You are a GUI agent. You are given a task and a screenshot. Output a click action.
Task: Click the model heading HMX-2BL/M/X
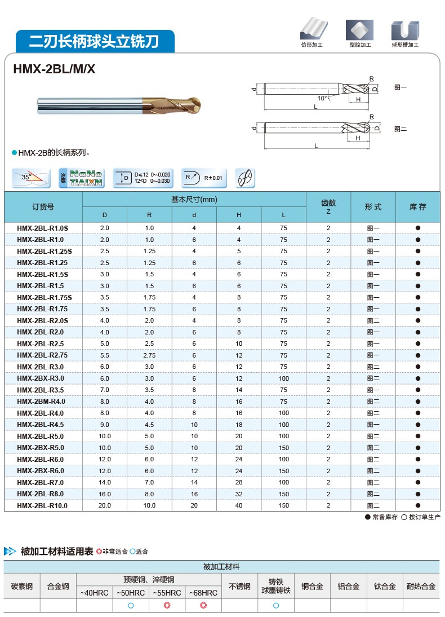[55, 69]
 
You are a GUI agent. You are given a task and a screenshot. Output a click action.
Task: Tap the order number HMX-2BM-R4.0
[41, 402]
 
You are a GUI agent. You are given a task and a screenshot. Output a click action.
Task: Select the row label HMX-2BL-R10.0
[42, 506]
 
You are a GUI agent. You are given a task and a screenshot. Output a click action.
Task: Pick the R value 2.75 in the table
[149, 355]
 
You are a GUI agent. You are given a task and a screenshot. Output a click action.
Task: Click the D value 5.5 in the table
[104, 355]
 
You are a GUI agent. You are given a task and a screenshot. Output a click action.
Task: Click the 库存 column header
[417, 207]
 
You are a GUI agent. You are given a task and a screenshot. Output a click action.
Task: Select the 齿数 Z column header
[328, 207]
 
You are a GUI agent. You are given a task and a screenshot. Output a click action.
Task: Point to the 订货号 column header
[43, 207]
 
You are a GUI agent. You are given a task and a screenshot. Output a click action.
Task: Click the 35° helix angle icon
[31, 178]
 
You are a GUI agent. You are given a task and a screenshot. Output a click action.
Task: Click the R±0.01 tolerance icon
[204, 178]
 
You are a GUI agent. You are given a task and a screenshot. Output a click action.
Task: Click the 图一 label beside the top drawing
[400, 87]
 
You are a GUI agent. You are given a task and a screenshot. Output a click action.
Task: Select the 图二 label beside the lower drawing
[400, 129]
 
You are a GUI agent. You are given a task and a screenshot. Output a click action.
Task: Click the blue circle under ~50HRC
[131, 606]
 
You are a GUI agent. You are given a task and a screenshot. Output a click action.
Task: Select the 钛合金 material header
[385, 587]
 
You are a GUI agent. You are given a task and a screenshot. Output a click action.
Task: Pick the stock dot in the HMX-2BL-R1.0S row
[417, 228]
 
